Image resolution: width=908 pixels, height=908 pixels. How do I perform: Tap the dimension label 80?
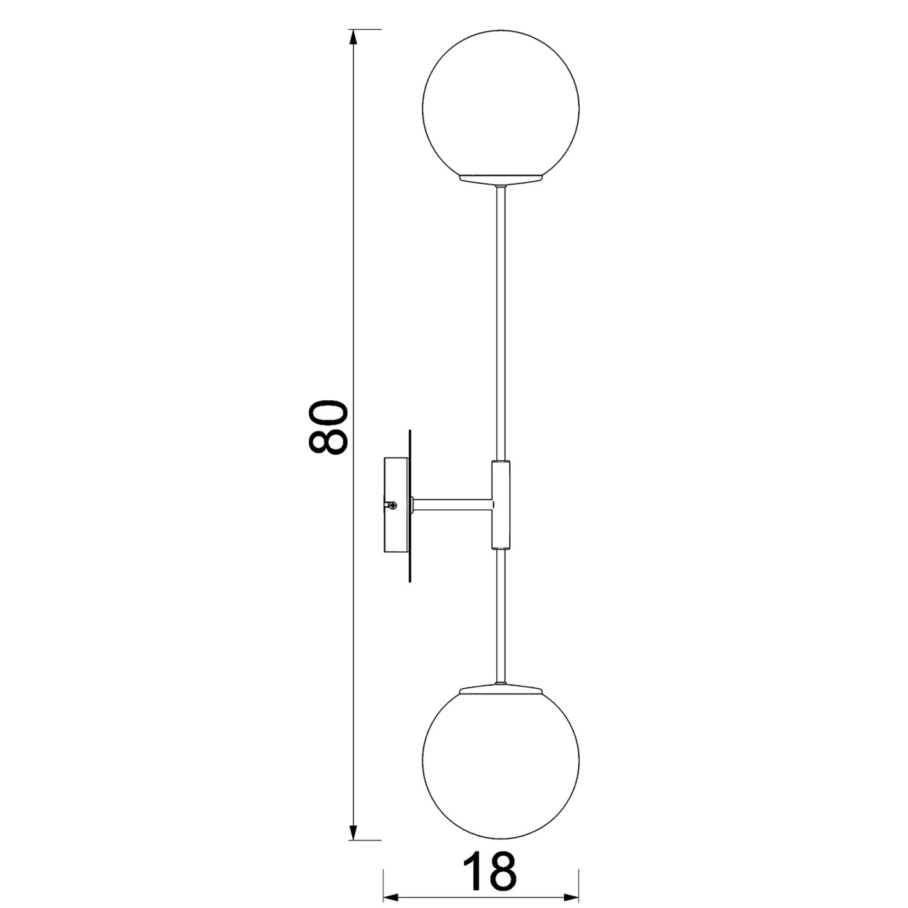pyautogui.click(x=328, y=427)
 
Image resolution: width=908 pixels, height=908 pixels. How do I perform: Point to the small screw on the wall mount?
pyautogui.click(x=392, y=505)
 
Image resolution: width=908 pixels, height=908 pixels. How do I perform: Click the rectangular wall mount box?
pyautogui.click(x=397, y=505)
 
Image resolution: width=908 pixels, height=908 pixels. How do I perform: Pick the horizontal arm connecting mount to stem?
pyautogui.click(x=452, y=505)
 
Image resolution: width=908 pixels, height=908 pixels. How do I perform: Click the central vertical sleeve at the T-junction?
pyautogui.click(x=501, y=505)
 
